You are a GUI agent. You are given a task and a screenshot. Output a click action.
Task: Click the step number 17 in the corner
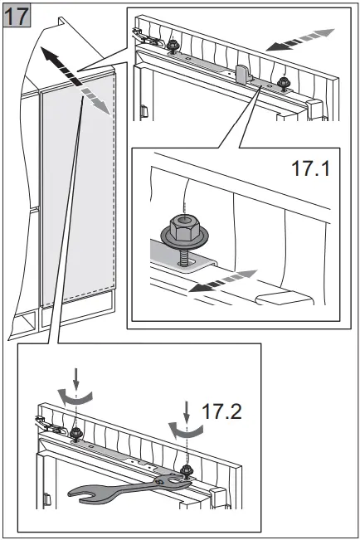click(17, 16)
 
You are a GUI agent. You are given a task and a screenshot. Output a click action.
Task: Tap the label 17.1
click(310, 168)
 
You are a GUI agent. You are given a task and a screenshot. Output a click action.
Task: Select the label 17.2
click(221, 411)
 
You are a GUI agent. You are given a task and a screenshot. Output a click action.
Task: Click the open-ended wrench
click(129, 489)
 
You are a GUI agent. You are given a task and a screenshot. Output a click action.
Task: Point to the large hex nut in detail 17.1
click(185, 229)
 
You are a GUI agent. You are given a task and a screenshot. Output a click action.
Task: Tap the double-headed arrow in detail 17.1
click(223, 281)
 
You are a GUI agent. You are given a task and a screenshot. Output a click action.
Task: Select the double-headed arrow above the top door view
click(300, 40)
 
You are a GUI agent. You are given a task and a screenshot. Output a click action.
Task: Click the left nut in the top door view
click(172, 46)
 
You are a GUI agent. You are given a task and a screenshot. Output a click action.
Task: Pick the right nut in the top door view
click(283, 83)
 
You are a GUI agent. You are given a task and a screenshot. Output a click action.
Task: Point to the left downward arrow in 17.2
click(76, 379)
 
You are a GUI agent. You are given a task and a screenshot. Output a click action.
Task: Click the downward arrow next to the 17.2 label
click(187, 412)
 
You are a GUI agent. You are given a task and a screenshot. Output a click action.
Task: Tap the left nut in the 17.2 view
click(75, 434)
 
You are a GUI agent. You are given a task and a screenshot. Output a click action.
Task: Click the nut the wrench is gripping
click(187, 470)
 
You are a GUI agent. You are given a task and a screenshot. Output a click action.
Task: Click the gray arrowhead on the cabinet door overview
click(105, 108)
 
